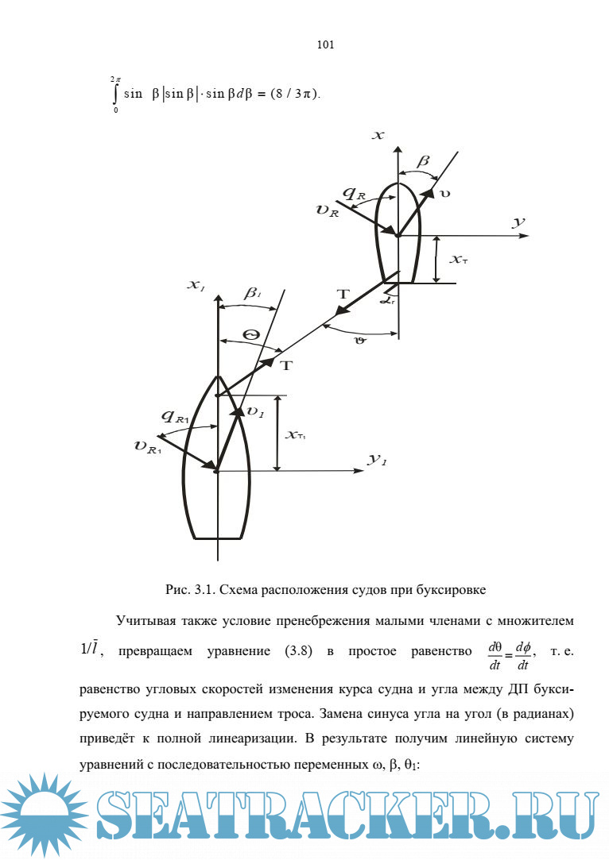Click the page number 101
324,44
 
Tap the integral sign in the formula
116,94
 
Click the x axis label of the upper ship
379,136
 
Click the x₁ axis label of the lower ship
196,284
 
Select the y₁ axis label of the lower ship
377,460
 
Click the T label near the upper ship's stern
343,295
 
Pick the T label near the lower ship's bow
286,365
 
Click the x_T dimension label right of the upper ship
459,260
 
